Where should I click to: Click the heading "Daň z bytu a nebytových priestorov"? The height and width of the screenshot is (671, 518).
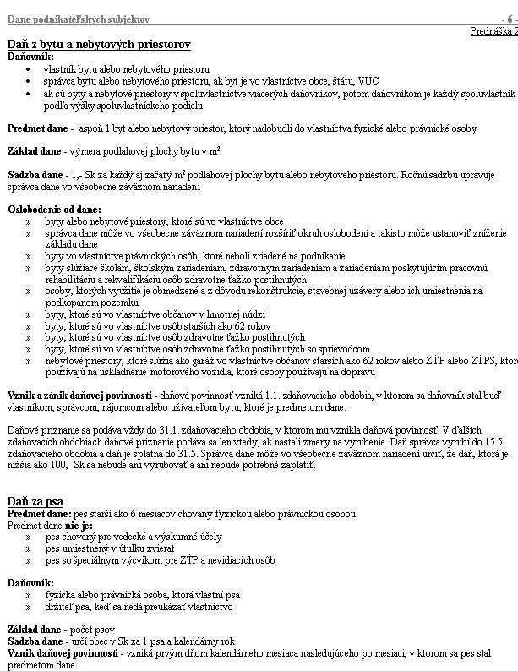99,43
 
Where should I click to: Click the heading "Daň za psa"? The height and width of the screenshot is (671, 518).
37,501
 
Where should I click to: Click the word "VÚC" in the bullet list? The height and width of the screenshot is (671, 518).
310,84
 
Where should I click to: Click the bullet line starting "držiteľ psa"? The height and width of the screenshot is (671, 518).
127,606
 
